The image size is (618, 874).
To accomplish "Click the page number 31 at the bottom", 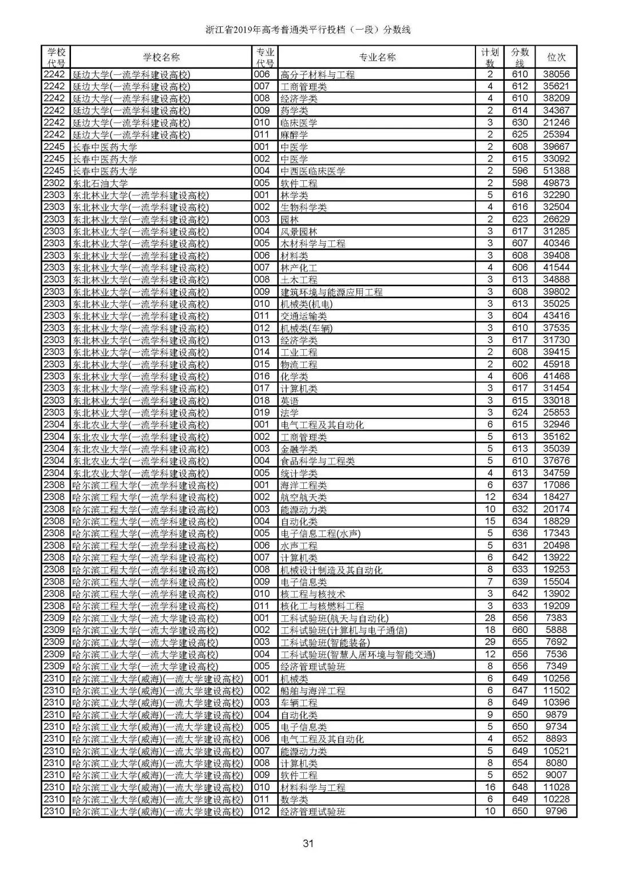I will point(309,843).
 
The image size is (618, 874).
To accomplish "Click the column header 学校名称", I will point(161,57).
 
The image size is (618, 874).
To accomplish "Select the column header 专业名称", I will point(377,57).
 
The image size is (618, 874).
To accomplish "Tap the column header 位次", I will point(556,57).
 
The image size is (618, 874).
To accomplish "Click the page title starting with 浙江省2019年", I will point(308,30).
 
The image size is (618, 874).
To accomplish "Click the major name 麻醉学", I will point(294,135).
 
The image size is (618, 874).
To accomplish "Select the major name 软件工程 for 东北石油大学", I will point(299,183).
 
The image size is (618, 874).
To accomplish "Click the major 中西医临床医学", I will point(313,171).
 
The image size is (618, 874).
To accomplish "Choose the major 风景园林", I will point(299,232).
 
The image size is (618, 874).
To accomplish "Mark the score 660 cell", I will point(520,630).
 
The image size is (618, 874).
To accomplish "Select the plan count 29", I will point(490,642).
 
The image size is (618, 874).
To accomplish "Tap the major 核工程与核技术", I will point(313,594).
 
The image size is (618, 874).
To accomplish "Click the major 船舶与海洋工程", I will point(313,691).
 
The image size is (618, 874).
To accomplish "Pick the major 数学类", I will point(294,800).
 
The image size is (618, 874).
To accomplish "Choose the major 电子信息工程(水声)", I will point(320,533).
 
